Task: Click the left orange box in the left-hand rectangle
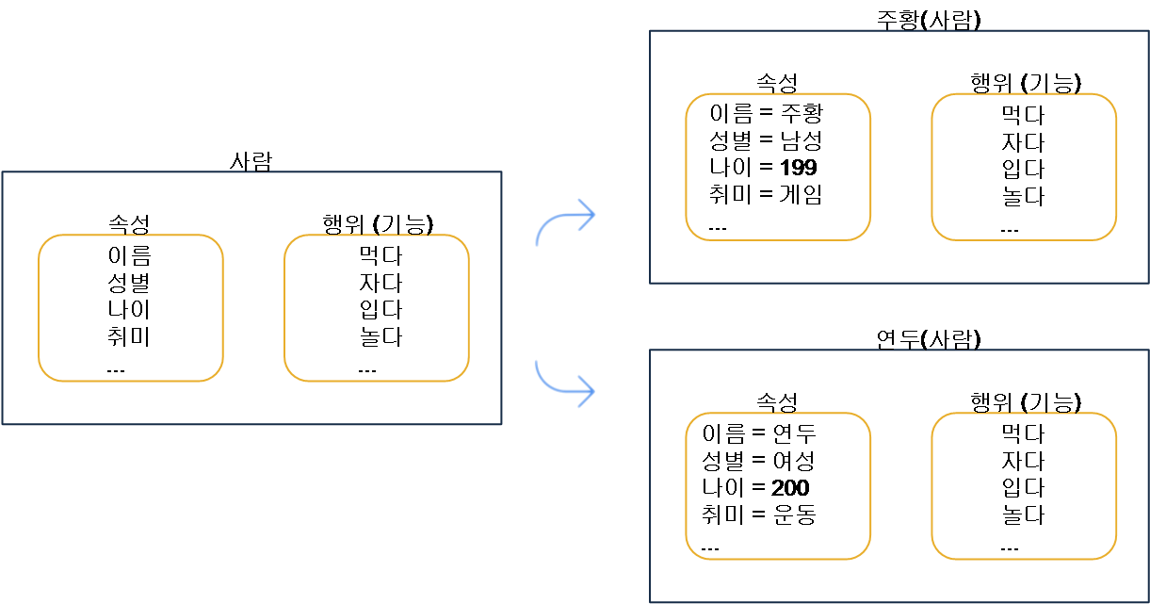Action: click(131, 308)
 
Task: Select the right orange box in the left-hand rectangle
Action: click(377, 308)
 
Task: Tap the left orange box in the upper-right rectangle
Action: click(778, 167)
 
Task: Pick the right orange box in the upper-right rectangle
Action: click(1024, 167)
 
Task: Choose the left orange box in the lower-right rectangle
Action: click(778, 486)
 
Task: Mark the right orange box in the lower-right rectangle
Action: click(1024, 486)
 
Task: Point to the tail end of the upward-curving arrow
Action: click(537, 246)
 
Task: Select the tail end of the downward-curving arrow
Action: click(536, 360)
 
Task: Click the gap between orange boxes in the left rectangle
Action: click(253, 308)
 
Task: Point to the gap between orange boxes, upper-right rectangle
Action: click(901, 167)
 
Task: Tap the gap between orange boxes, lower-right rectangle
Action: click(901, 486)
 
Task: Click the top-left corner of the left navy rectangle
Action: click(3, 172)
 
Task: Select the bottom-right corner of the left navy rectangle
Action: click(501, 424)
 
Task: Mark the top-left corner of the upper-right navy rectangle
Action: click(650, 31)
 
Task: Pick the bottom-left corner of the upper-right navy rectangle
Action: click(650, 282)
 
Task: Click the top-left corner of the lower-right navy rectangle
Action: click(650, 351)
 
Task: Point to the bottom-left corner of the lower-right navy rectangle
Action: click(650, 601)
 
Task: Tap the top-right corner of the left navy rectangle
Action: click(501, 172)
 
